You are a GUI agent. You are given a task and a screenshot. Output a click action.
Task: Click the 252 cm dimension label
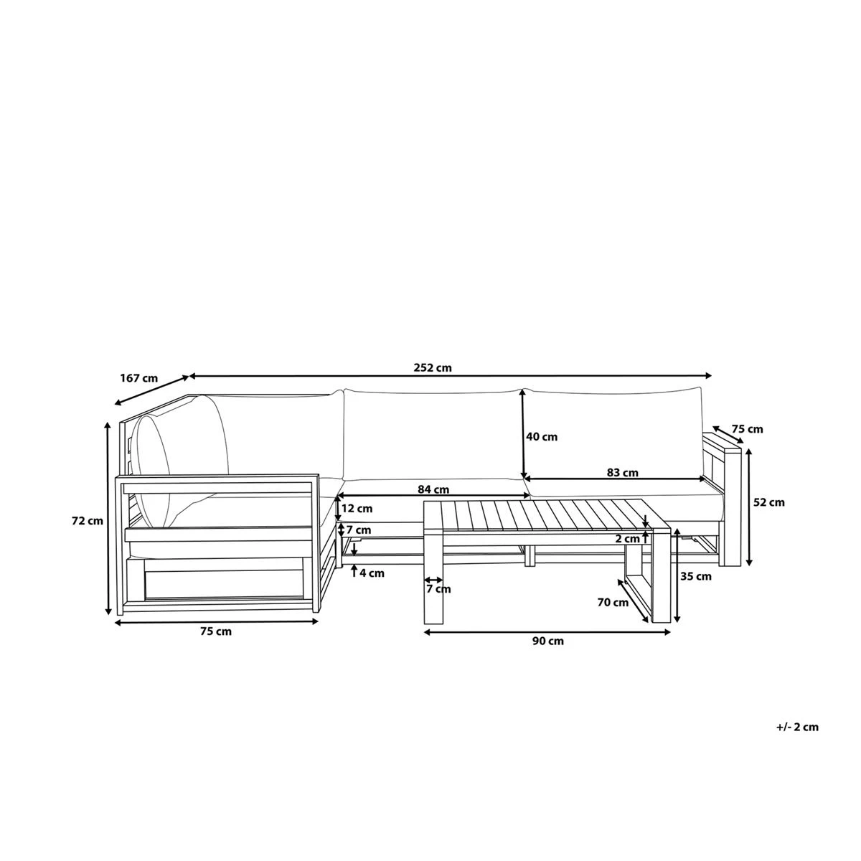click(433, 367)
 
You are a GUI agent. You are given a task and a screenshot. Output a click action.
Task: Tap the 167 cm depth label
click(138, 377)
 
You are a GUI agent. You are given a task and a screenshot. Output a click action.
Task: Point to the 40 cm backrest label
click(542, 436)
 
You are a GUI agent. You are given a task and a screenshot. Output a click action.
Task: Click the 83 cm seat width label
click(622, 473)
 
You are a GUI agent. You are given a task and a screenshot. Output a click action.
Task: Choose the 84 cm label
click(433, 489)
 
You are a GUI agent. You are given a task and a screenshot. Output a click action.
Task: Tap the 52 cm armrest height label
click(769, 502)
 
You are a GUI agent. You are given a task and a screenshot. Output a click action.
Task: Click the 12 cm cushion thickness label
click(357, 509)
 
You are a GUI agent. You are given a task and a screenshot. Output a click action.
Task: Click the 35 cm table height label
click(696, 576)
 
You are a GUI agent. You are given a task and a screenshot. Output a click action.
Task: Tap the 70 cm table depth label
click(613, 603)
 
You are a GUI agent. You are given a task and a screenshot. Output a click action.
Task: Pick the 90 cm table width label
click(547, 641)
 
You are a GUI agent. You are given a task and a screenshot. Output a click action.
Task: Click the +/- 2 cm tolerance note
click(796, 727)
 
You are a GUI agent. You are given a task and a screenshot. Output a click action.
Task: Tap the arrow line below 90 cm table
click(547, 632)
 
